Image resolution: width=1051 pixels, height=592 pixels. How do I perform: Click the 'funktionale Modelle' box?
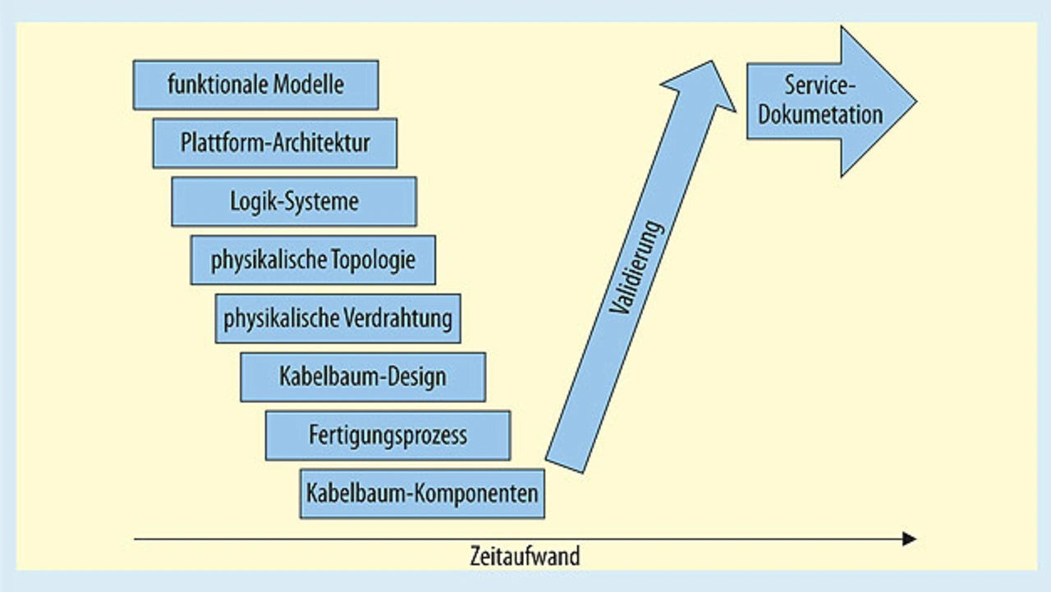point(255,85)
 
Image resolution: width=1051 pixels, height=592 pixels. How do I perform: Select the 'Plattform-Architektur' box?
point(275,143)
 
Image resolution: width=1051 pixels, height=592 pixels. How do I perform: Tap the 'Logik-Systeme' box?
point(294,201)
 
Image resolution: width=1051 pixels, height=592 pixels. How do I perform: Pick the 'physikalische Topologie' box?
point(313,260)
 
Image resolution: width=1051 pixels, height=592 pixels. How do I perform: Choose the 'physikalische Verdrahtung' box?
point(337,319)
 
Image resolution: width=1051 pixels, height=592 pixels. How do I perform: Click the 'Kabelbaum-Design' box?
point(363,377)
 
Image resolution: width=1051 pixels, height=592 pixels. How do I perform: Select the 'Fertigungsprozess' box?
point(388,435)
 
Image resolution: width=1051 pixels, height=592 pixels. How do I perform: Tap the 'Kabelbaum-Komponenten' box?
point(422,493)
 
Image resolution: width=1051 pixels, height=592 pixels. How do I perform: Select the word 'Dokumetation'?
point(819,114)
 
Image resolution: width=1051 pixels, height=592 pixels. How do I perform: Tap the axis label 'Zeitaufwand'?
point(525,556)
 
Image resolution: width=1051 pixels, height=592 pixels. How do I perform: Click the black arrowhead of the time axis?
point(908,539)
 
